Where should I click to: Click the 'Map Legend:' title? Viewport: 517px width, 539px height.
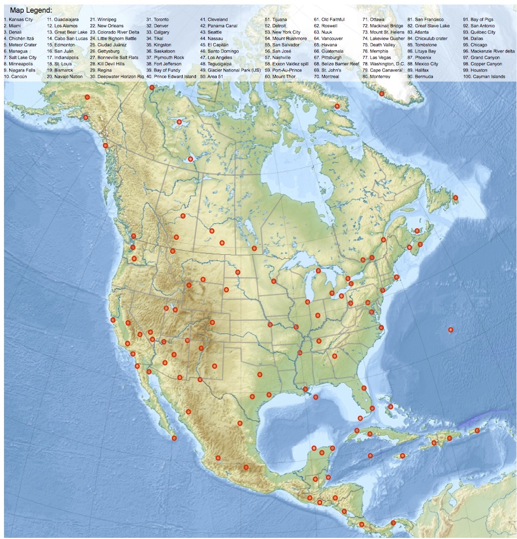(x=31, y=10)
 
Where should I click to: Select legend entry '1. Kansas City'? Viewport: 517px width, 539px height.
(x=18, y=20)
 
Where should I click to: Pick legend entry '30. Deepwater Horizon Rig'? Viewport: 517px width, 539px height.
(x=116, y=77)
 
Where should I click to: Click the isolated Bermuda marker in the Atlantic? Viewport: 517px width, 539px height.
(x=451, y=330)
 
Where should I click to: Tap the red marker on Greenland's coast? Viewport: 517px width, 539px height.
(x=382, y=93)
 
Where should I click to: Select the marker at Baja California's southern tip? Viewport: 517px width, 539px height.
(x=174, y=438)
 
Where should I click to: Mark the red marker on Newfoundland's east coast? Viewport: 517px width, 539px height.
(x=455, y=198)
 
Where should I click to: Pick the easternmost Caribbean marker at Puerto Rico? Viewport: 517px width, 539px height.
(x=477, y=431)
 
